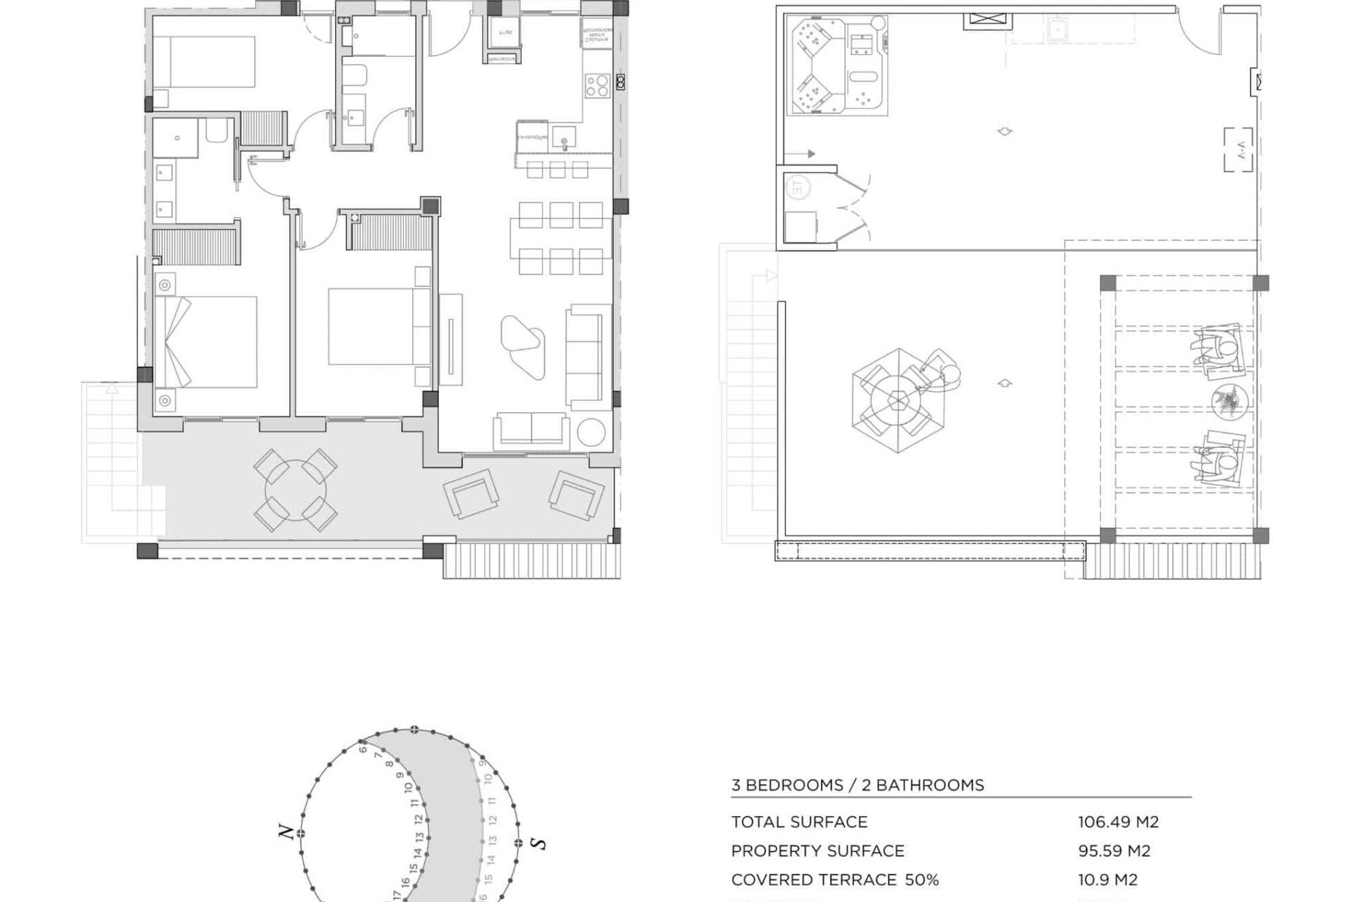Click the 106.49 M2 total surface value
click(x=1118, y=822)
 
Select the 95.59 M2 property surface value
click(x=1113, y=851)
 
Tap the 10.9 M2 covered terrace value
click(x=1107, y=879)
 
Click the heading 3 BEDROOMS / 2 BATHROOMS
click(x=857, y=785)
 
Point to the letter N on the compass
click(x=286, y=832)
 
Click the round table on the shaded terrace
click(x=295, y=490)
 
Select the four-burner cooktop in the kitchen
click(x=597, y=86)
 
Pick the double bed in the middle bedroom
click(x=371, y=326)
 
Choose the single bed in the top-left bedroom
click(x=204, y=62)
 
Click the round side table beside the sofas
click(x=590, y=433)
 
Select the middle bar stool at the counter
click(x=557, y=170)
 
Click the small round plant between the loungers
click(x=1230, y=402)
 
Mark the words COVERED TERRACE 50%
click(x=834, y=879)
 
